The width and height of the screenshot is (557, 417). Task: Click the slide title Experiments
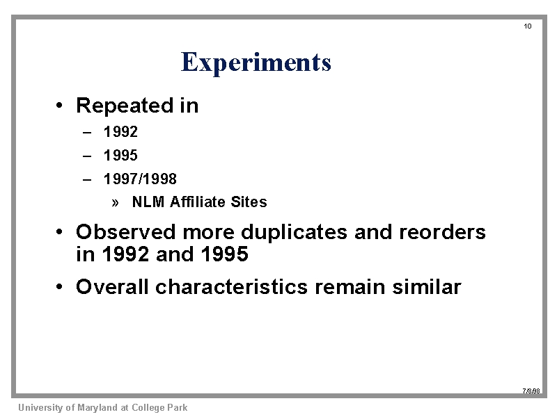point(256,63)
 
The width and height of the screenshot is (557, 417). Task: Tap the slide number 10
point(528,26)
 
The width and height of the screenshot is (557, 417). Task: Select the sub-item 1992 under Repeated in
point(120,132)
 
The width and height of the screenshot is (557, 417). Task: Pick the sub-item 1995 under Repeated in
point(120,155)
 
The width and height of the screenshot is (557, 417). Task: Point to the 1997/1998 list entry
point(140,179)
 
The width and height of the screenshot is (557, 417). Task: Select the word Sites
point(249,202)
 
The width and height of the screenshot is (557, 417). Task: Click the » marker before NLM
point(115,203)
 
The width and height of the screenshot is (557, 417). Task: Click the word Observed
point(126,232)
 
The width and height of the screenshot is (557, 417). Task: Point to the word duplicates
point(294,233)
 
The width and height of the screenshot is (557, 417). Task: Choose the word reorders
point(442,232)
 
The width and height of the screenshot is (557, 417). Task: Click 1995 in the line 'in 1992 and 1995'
point(224,254)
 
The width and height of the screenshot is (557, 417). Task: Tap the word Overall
point(112,286)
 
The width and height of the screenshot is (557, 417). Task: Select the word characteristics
point(231,286)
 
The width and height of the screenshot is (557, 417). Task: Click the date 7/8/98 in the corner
point(531,391)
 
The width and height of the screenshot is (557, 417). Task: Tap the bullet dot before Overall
point(59,286)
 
